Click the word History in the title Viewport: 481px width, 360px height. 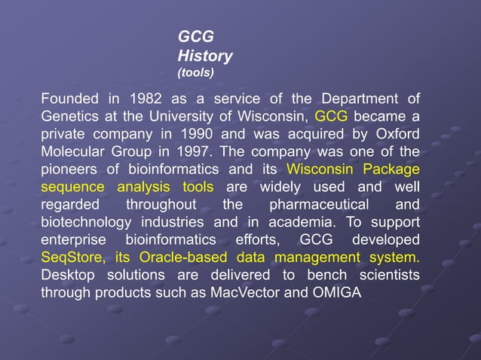coord(204,56)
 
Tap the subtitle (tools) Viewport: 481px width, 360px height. coord(195,73)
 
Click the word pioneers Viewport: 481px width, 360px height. coord(70,169)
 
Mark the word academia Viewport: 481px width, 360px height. coord(298,222)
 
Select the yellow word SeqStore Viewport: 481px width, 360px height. coord(70,257)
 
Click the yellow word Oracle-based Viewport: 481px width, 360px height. coord(181,257)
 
